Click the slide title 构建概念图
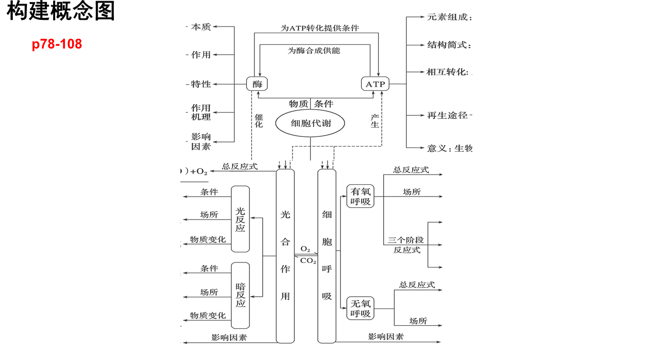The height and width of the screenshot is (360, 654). click(x=61, y=11)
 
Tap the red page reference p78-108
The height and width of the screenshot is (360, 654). click(x=57, y=44)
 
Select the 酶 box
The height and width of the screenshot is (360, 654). click(x=257, y=84)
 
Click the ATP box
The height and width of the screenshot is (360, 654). click(x=375, y=84)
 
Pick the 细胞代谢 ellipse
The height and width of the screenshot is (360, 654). click(x=310, y=123)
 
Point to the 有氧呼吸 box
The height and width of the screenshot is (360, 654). click(x=360, y=196)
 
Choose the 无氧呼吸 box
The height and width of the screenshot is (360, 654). click(x=360, y=308)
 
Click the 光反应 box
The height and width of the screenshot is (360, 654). click(x=240, y=219)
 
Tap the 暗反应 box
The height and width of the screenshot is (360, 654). click(x=240, y=295)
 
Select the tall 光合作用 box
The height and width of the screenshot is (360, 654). click(x=285, y=256)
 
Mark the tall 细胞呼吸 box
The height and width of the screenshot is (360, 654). click(x=326, y=256)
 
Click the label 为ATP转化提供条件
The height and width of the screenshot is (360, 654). click(x=320, y=28)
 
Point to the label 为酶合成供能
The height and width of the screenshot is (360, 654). click(x=314, y=51)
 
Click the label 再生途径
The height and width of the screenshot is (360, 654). click(x=447, y=115)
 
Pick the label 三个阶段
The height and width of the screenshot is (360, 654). click(x=406, y=240)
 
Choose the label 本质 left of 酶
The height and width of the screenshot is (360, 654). click(x=201, y=27)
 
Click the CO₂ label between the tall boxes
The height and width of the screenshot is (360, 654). click(x=308, y=261)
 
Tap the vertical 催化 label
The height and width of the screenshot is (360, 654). click(x=259, y=121)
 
